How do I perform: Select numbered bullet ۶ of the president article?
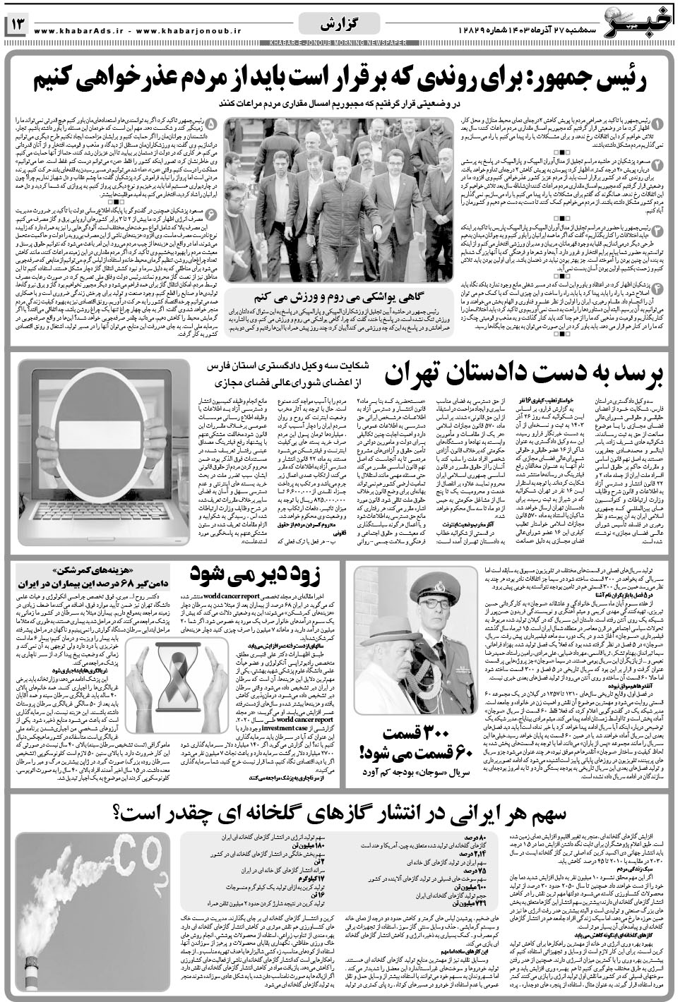coord(212,213)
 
